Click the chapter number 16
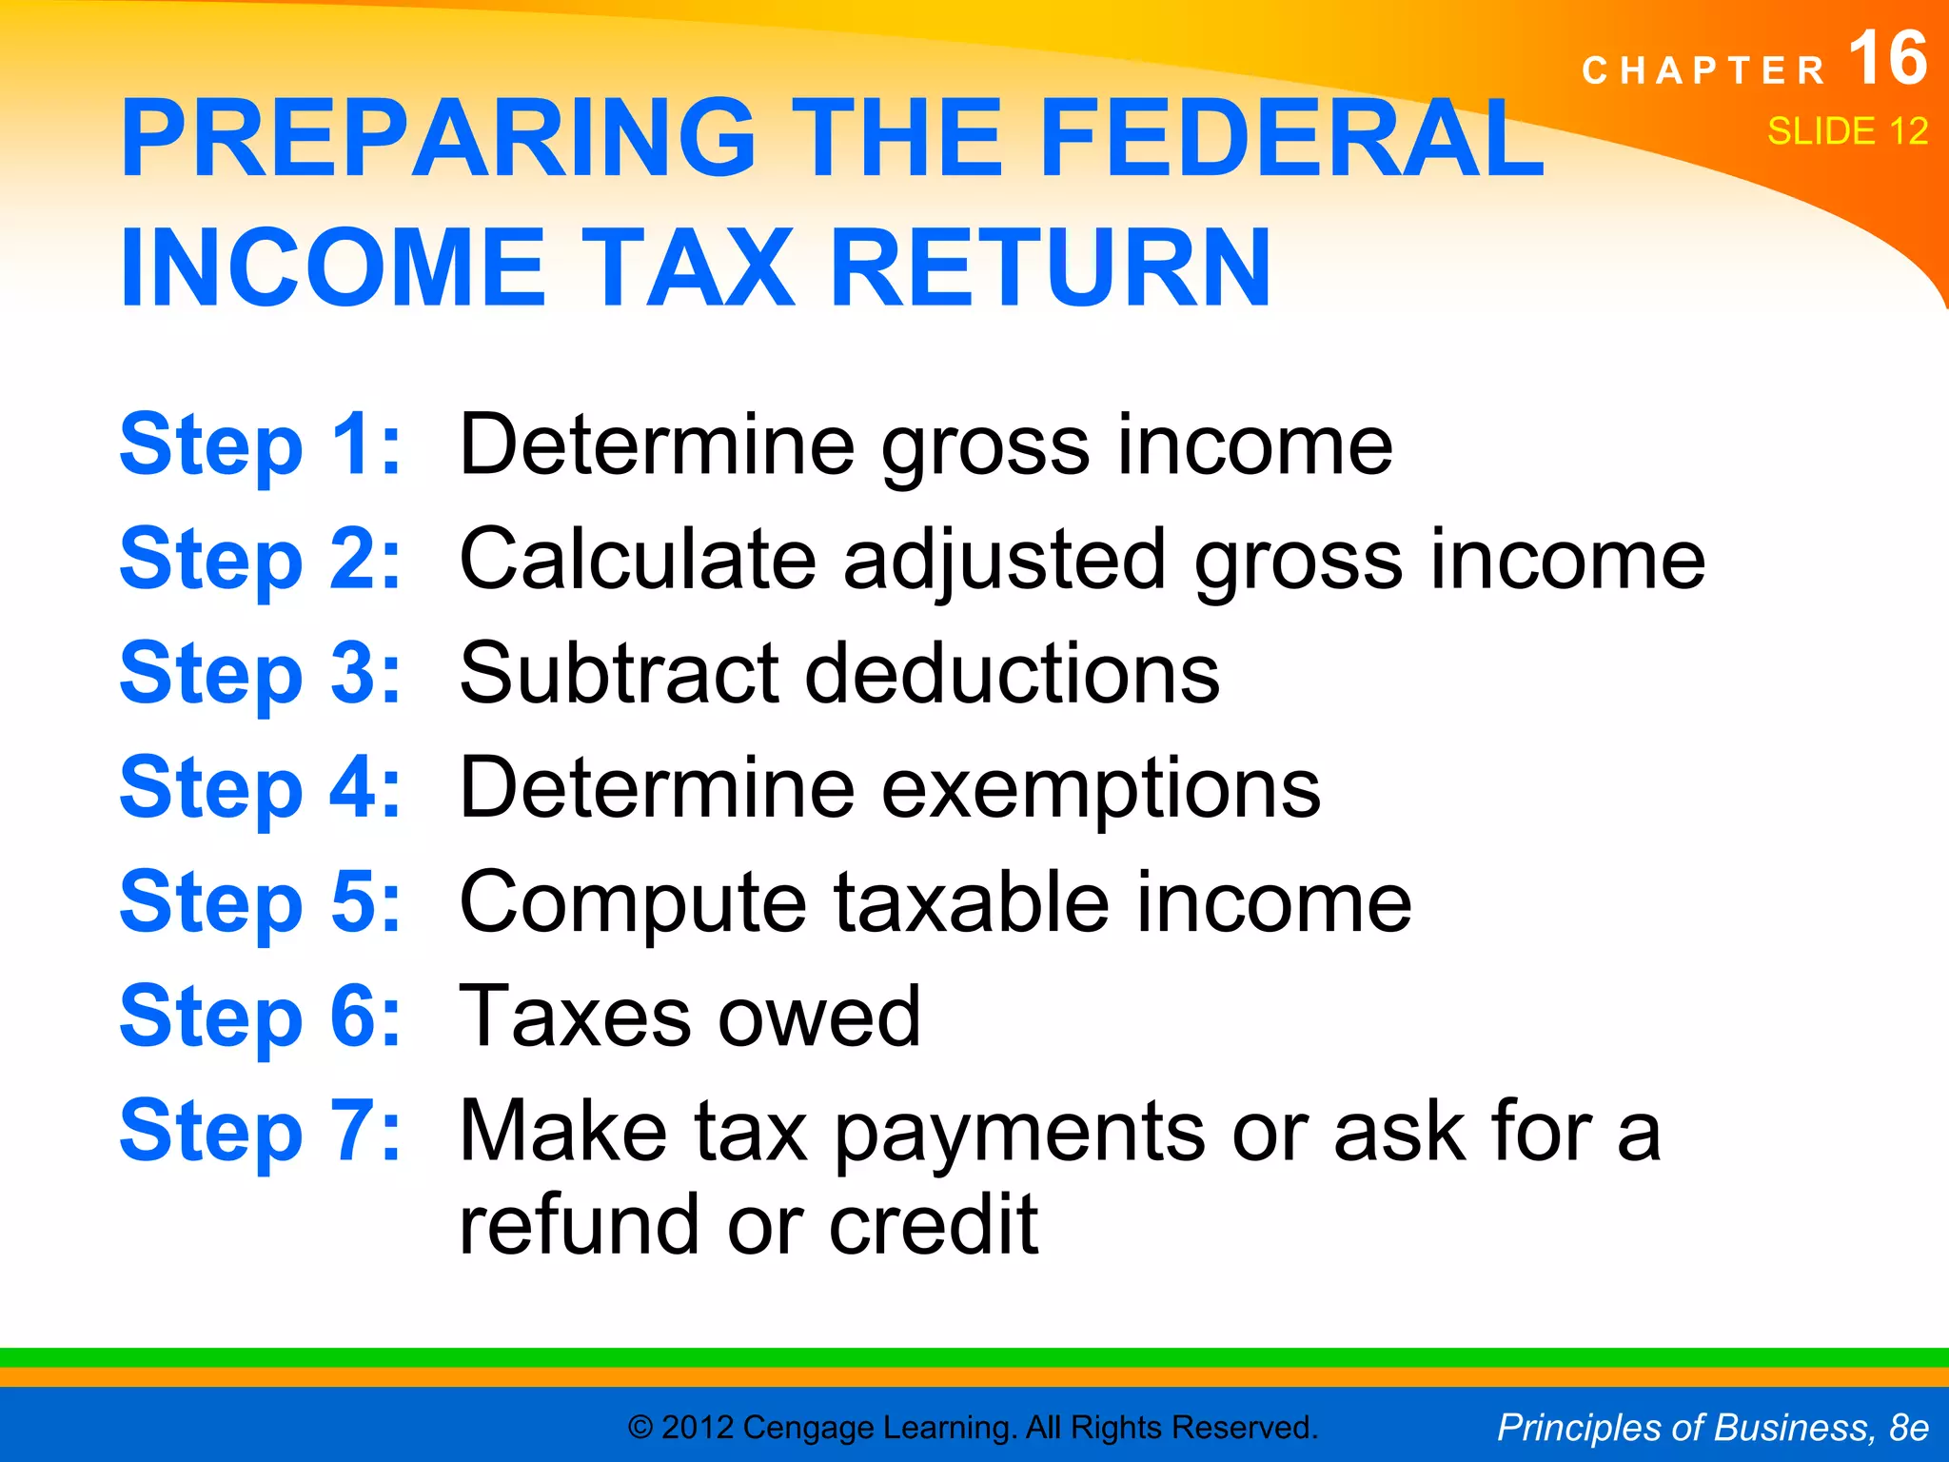click(1888, 59)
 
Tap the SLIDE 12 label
click(1847, 131)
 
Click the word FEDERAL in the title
click(1292, 138)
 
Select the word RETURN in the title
click(1051, 268)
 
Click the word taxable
click(972, 902)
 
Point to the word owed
click(819, 1017)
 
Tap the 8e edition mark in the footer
click(1908, 1428)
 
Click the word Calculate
click(638, 559)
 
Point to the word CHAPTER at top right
click(1703, 70)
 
